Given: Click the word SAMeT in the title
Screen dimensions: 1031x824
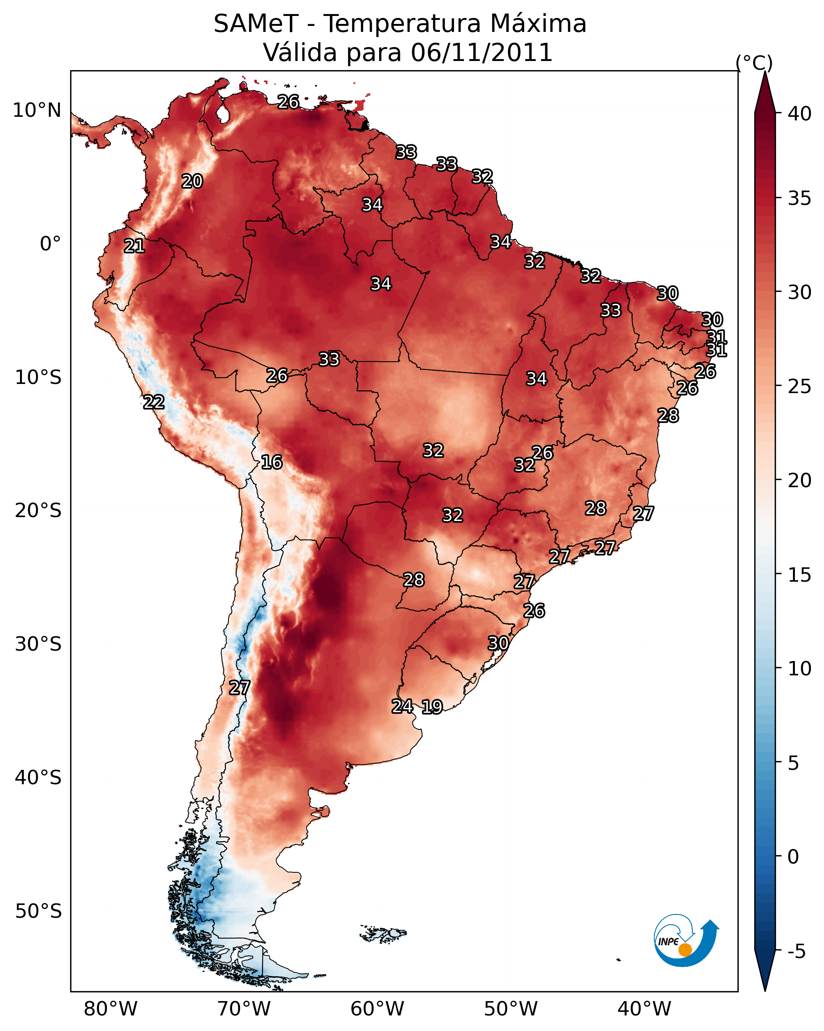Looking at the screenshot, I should coord(256,24).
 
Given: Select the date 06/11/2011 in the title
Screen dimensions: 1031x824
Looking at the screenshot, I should coord(482,53).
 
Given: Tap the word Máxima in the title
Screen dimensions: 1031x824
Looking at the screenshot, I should coord(537,24).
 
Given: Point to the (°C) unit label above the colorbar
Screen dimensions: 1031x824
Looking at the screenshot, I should coord(754,63).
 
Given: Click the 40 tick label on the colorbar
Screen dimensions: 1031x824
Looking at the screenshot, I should coord(800,114).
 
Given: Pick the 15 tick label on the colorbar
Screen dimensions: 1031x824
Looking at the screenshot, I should coord(800,575).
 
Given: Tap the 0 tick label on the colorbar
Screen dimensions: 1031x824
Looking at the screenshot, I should coord(793,857).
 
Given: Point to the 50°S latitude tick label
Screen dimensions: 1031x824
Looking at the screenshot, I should coord(38,911).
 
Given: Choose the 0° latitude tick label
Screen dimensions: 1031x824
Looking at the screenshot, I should coord(51,244).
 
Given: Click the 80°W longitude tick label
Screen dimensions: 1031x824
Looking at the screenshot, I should coord(110,1009).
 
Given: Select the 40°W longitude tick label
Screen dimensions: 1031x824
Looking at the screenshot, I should coord(644,1009).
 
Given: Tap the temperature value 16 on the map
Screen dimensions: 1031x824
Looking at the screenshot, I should coord(271,462).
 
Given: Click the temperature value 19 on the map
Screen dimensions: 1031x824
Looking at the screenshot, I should coord(432,707).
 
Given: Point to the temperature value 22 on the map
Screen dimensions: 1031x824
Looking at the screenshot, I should coord(153,402).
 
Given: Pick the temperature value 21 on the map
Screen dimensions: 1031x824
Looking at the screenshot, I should coord(134,246).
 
